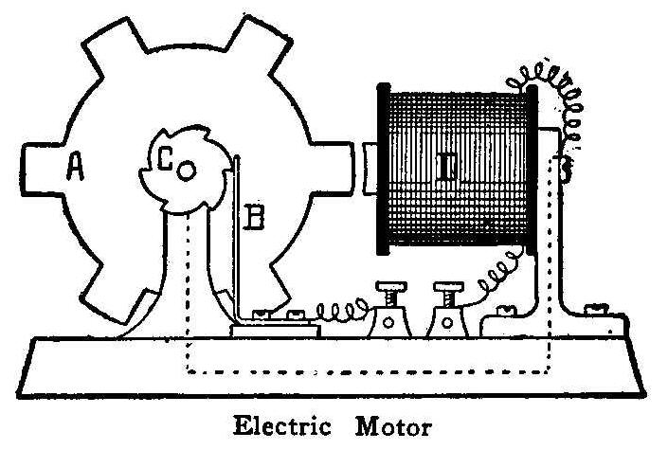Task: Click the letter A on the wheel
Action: [77, 169]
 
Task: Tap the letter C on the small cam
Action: [166, 162]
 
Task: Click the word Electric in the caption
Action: [280, 424]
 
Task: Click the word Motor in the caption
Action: [389, 424]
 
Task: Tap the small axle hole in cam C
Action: [187, 170]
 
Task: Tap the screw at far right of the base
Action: [599, 308]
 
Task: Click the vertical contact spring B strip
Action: [237, 237]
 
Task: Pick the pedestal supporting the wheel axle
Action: [190, 275]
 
